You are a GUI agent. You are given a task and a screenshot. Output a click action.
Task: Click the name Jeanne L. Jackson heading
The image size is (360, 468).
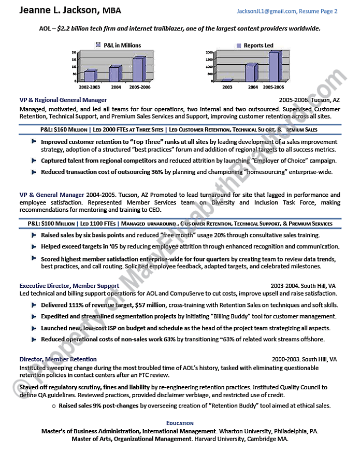59,10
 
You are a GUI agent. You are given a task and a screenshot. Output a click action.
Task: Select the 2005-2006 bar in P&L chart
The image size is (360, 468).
137,69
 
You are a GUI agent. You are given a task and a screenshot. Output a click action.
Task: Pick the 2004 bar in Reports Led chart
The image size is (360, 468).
250,73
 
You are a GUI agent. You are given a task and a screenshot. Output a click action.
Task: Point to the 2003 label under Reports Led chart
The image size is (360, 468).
227,87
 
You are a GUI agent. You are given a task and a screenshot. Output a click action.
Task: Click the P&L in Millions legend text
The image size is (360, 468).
122,46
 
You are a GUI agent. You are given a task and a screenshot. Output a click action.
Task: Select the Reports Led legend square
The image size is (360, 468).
239,46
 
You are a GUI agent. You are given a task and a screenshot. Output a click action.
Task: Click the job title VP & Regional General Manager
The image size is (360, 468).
63,100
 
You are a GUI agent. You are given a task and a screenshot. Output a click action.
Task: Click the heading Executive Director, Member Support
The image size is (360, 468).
69,286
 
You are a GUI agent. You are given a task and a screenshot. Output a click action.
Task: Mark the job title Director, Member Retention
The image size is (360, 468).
58,359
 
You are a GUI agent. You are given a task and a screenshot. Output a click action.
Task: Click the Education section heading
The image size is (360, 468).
180,423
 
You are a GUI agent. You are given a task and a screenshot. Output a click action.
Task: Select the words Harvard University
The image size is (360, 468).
221,438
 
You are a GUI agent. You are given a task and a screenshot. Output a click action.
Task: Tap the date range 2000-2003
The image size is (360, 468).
285,359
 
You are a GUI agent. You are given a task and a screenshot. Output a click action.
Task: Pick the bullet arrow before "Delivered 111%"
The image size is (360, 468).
34,304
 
